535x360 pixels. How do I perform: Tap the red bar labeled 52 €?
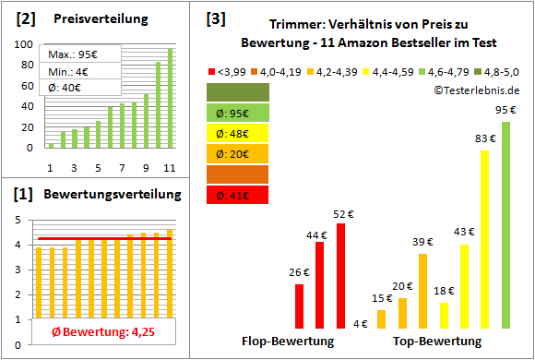(x=340, y=275)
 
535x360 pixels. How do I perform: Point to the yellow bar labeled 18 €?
(x=444, y=315)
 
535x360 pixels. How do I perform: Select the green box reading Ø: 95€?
(x=238, y=113)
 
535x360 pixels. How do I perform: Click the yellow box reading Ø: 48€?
(x=238, y=133)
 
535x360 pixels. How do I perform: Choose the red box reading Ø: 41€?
(x=238, y=195)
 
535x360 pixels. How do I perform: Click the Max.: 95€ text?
(x=74, y=55)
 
